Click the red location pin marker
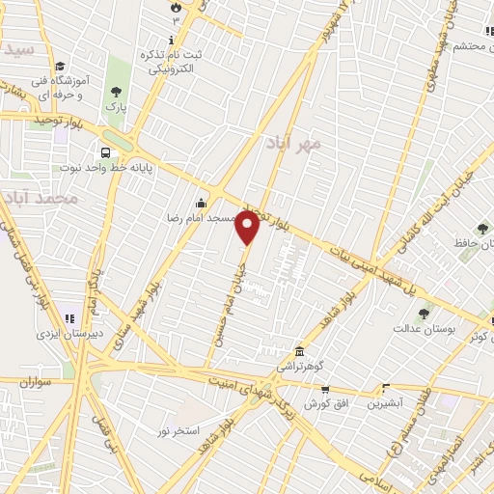click(x=248, y=228)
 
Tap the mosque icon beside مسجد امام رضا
click(x=201, y=203)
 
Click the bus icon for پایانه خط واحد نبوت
click(x=104, y=152)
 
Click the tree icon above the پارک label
click(x=116, y=92)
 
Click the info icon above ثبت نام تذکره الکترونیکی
click(x=172, y=40)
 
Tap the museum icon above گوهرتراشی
click(x=300, y=349)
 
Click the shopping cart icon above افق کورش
click(x=325, y=389)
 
